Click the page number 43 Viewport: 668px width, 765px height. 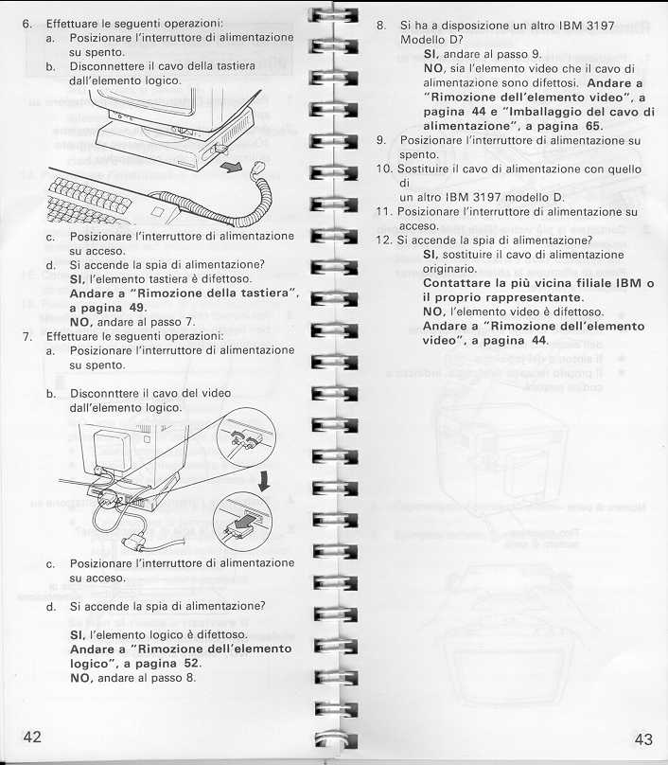click(643, 739)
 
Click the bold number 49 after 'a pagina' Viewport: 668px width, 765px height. click(136, 308)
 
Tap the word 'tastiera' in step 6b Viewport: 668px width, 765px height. click(233, 67)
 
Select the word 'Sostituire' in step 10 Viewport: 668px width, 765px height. click(426, 169)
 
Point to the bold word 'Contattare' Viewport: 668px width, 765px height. click(457, 283)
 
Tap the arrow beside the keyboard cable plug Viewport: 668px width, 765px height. click(232, 168)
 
